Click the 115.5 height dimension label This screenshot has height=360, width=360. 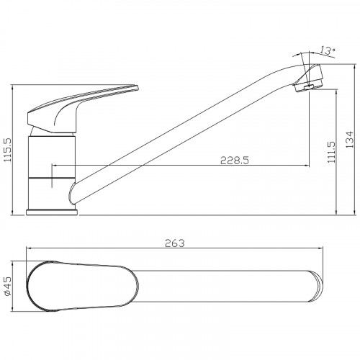(x=8, y=150)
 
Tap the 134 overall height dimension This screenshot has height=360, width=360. (x=349, y=139)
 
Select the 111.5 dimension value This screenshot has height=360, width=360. (x=331, y=152)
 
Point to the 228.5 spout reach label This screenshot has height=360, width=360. (x=235, y=161)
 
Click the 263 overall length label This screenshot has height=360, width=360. (x=175, y=243)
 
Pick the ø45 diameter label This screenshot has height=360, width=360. (x=8, y=286)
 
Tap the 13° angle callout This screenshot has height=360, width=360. (x=328, y=50)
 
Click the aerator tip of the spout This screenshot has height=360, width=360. (x=309, y=78)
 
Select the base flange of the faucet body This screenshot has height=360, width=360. (x=52, y=212)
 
